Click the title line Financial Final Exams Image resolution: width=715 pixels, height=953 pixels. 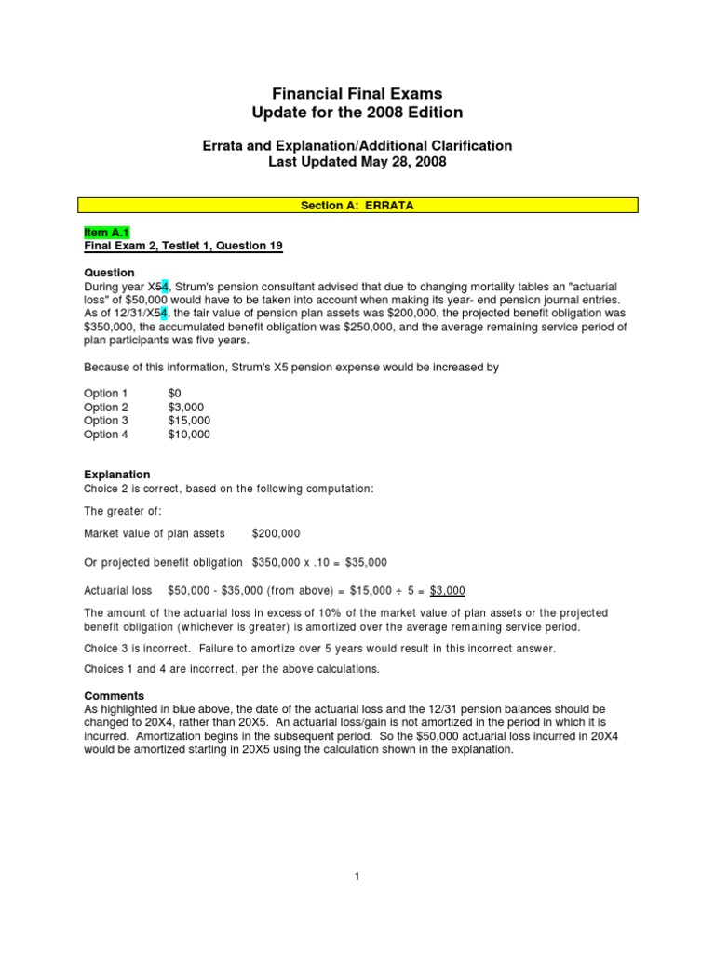(357, 94)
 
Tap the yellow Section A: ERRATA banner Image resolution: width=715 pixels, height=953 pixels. (357, 206)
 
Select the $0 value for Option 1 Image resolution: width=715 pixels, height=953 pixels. (175, 394)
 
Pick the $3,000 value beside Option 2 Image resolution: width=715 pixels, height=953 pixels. (186, 408)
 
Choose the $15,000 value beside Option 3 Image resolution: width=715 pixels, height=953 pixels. (189, 421)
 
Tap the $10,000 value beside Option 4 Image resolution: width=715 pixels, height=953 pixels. (189, 435)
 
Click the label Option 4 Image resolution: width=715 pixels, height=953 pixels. (107, 435)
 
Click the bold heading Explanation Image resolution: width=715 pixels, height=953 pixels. (116, 475)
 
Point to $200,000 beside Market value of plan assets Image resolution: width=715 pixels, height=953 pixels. (277, 533)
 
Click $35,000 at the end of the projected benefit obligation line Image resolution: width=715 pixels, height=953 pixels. (366, 562)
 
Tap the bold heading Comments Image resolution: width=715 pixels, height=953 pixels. (114, 695)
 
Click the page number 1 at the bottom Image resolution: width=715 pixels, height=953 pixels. (357, 877)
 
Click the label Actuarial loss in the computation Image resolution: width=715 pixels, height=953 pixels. (118, 591)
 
